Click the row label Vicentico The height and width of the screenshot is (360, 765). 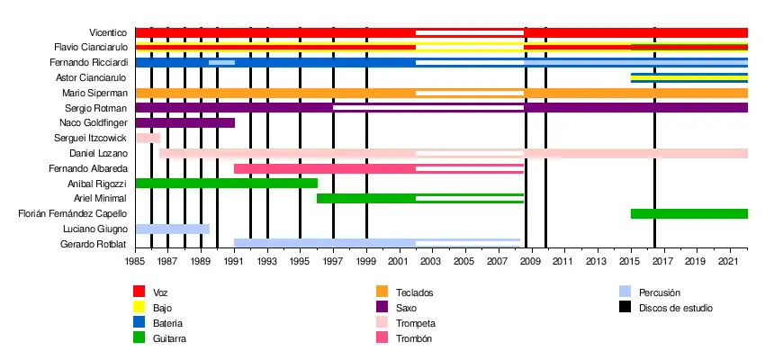pos(109,32)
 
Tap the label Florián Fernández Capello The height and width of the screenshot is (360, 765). pos(73,214)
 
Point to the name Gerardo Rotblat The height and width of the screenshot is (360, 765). pos(94,245)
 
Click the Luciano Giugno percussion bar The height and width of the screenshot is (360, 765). pos(172,229)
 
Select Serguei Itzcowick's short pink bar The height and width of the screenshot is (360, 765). pos(148,138)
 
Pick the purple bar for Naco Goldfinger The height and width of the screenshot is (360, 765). pos(184,122)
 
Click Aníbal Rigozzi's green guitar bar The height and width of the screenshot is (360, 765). pos(226,184)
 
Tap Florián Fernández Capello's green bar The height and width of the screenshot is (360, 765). pos(688,214)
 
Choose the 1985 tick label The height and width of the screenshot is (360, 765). pos(135,262)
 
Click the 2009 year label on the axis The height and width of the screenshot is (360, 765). pos(529,262)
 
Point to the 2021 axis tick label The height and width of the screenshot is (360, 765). pos(727,262)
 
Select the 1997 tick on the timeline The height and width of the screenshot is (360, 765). pos(333,262)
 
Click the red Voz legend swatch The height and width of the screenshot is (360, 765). pos(139,292)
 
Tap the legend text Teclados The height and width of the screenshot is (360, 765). pos(414,292)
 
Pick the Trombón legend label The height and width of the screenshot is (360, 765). pos(414,338)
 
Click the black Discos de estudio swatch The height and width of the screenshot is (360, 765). pos(625,308)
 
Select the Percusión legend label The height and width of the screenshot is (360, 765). pos(660,292)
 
